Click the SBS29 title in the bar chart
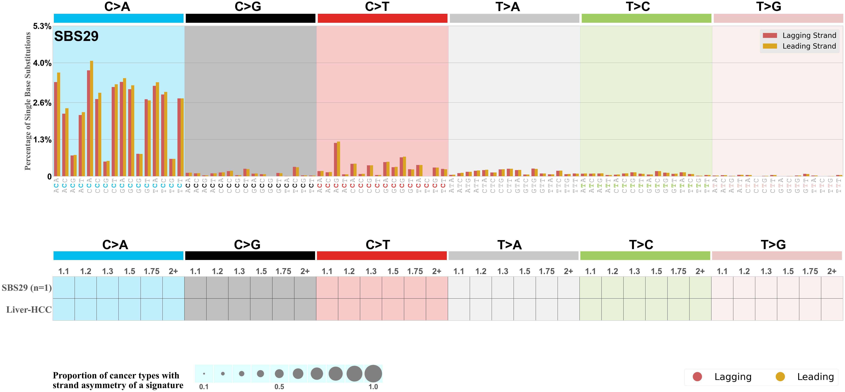coord(76,36)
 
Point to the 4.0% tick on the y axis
coord(42,63)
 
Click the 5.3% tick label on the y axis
coord(42,26)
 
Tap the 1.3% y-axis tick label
coord(42,140)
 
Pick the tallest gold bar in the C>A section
coord(92,118)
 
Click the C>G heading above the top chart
coord(248,7)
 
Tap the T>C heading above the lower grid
coord(641,245)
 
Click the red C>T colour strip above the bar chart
coord(383,18)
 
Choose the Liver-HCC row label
coord(29,310)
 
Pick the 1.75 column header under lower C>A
coord(152,271)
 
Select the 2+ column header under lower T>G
coord(832,271)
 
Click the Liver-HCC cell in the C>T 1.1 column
coord(327,309)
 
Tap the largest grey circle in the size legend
coord(373,374)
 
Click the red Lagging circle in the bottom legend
coord(697,377)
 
